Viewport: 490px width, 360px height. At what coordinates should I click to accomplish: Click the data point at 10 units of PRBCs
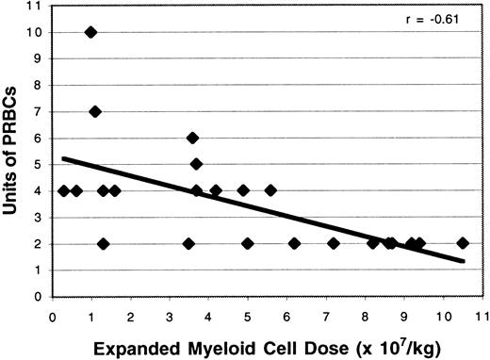tap(90, 32)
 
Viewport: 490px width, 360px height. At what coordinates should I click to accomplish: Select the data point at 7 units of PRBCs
tap(95, 111)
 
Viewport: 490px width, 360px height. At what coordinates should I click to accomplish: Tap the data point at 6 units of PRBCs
tap(192, 138)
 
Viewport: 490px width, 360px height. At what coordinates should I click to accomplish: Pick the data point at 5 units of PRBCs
tap(196, 164)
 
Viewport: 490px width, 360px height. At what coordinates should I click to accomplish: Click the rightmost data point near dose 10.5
tap(462, 243)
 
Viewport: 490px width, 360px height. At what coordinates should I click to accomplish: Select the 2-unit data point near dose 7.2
tap(333, 243)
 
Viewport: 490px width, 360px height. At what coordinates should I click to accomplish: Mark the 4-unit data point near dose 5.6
tap(270, 190)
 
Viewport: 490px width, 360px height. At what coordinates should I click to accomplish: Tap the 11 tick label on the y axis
tap(33, 7)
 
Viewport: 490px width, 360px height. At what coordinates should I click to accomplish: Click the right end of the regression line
tap(464, 261)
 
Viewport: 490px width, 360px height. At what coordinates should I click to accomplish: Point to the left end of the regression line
tap(62, 158)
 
